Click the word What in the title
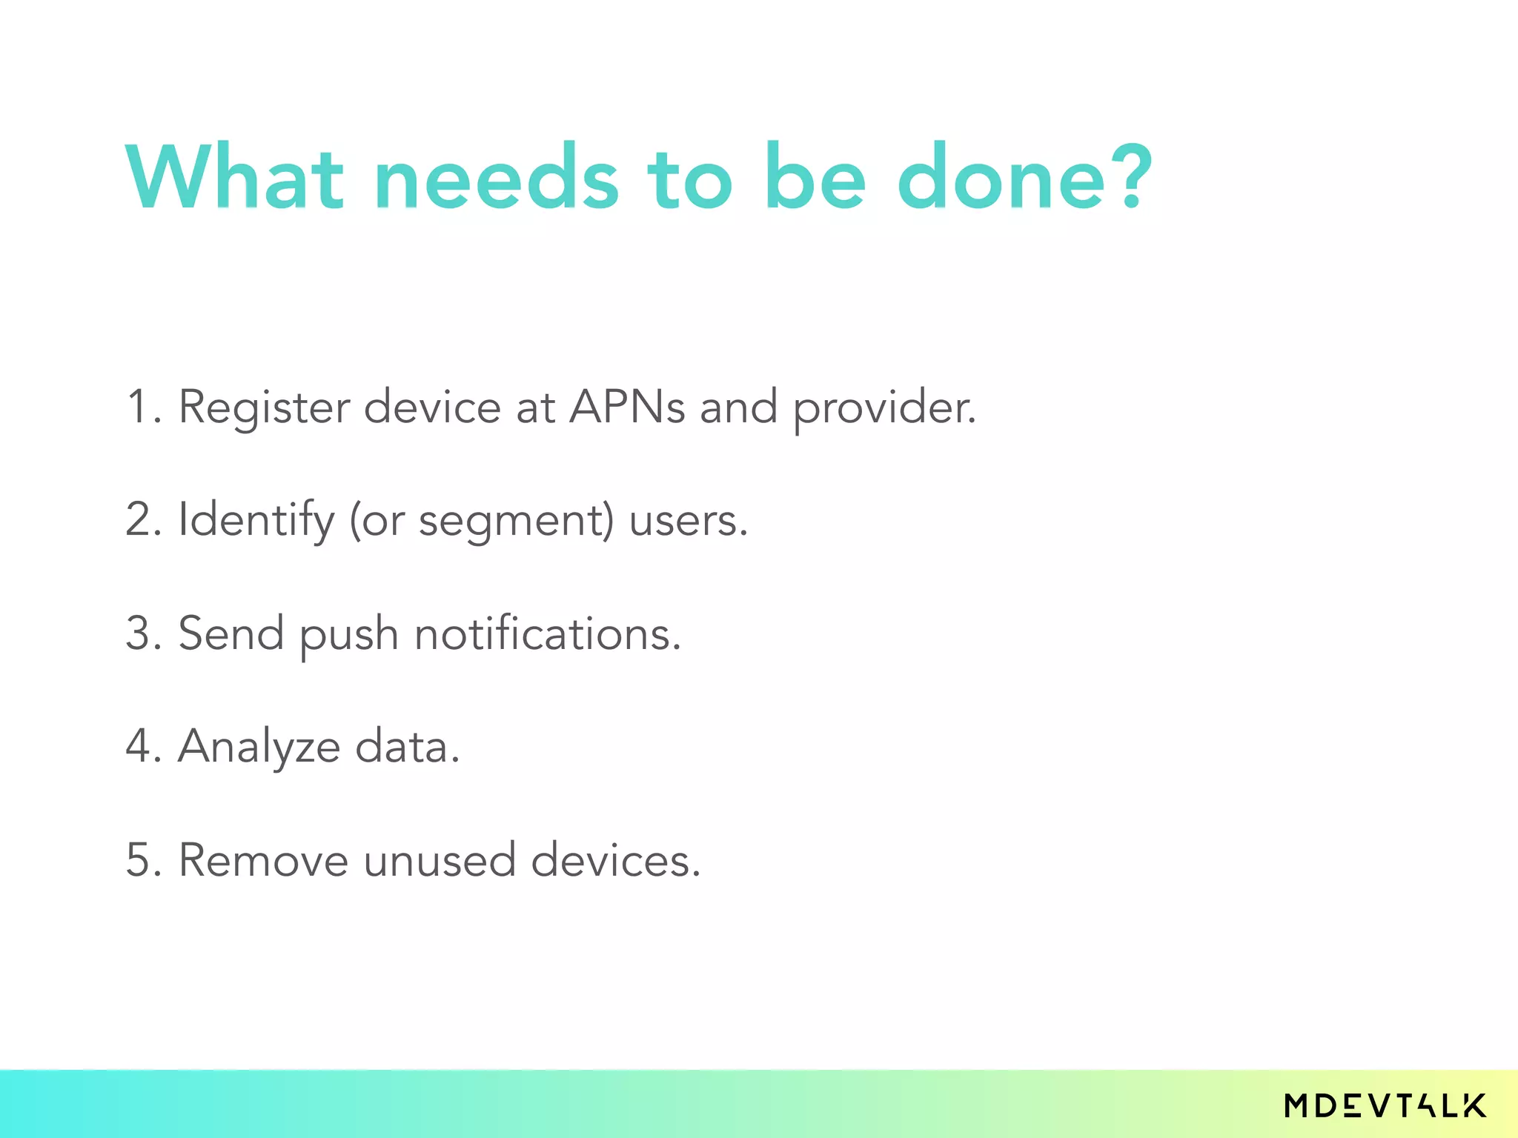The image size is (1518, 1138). (234, 178)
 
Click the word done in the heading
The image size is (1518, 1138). (1002, 178)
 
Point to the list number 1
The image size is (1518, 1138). (139, 407)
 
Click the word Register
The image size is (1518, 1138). (263, 408)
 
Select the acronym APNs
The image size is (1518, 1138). (626, 407)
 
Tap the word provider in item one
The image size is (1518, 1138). (884, 408)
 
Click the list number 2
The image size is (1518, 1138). (141, 519)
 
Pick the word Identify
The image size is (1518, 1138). (256, 521)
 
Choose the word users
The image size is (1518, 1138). (687, 521)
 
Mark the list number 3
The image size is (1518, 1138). (141, 633)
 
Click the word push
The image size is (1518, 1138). (348, 636)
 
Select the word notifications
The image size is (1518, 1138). (546, 635)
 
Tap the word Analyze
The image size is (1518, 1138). (259, 748)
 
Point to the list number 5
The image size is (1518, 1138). (141, 860)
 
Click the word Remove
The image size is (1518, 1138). (263, 860)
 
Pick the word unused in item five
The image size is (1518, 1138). (439, 860)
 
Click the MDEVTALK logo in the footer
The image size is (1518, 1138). (1385, 1105)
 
